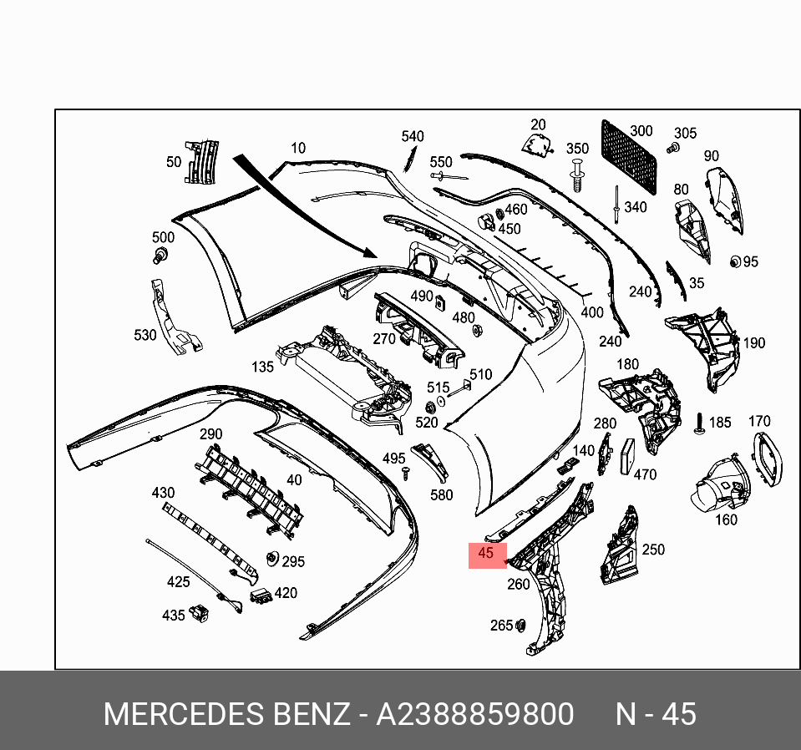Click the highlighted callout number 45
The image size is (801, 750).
(x=486, y=553)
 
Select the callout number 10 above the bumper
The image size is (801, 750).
(x=298, y=149)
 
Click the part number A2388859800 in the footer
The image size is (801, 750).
(x=474, y=715)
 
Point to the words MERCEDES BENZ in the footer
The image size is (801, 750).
(x=226, y=715)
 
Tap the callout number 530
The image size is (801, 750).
(x=145, y=335)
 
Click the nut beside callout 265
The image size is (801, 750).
(x=520, y=626)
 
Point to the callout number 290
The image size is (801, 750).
(x=210, y=434)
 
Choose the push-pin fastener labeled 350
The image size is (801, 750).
(x=575, y=177)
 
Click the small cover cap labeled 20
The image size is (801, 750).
(x=535, y=146)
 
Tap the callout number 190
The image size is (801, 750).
(x=754, y=342)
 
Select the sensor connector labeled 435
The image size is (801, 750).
(x=200, y=613)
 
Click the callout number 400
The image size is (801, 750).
(x=592, y=313)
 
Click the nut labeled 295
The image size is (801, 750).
(x=271, y=559)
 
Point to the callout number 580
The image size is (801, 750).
(x=441, y=494)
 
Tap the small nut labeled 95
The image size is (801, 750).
(x=736, y=261)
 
